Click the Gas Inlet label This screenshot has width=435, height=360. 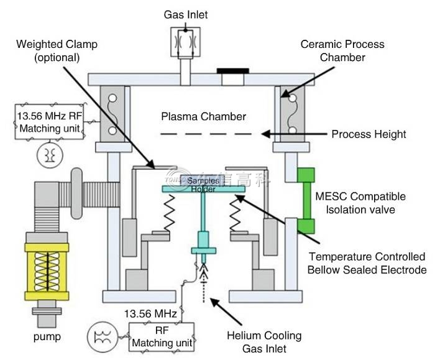tap(186, 14)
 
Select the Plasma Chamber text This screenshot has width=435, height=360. tap(203, 116)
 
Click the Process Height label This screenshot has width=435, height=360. tap(369, 134)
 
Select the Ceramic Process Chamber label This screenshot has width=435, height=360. tap(342, 51)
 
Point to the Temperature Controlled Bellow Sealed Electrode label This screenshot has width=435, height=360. tap(367, 263)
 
